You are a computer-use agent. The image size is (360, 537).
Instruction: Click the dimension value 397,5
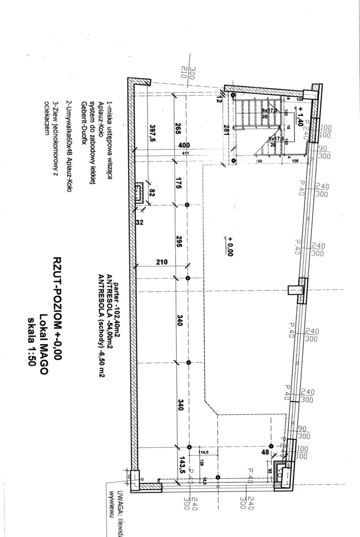[153, 136]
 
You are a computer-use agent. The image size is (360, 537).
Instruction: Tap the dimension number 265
[178, 130]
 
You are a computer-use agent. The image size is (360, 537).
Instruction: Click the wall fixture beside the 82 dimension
[139, 194]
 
